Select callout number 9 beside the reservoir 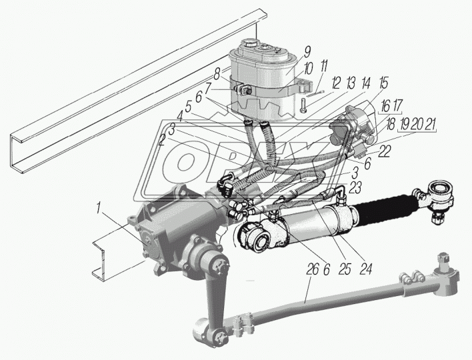point(307,52)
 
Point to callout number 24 point(366,269)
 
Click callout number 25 point(345,269)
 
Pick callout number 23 point(355,189)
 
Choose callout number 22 point(384,151)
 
